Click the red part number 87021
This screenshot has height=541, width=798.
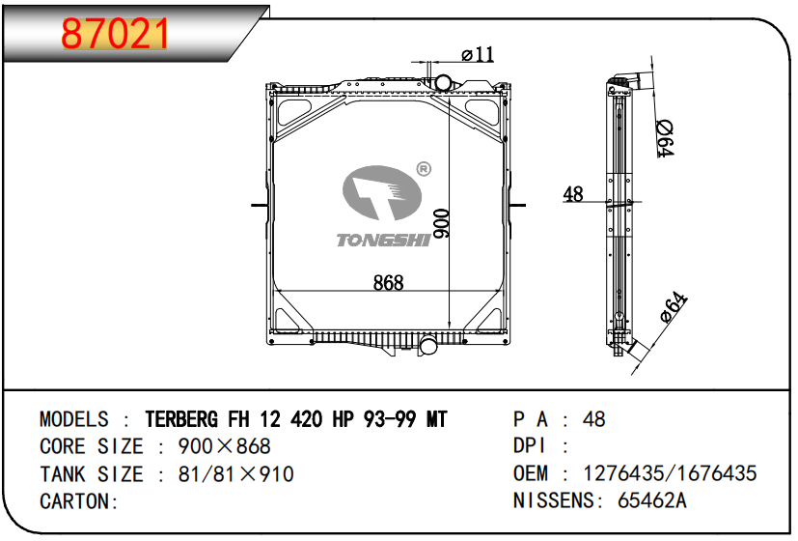point(115,34)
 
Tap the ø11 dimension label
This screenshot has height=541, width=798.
point(478,53)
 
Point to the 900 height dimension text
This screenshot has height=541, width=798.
point(441,223)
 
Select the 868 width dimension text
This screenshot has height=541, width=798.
point(388,283)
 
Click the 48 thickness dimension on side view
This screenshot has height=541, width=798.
point(573,194)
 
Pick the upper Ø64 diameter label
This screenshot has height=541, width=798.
point(664,138)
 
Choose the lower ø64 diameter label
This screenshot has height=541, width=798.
point(674,306)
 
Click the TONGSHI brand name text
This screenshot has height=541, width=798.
point(384,240)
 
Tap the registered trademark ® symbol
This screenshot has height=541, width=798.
point(424,169)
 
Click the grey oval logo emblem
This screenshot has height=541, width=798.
point(382,192)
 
